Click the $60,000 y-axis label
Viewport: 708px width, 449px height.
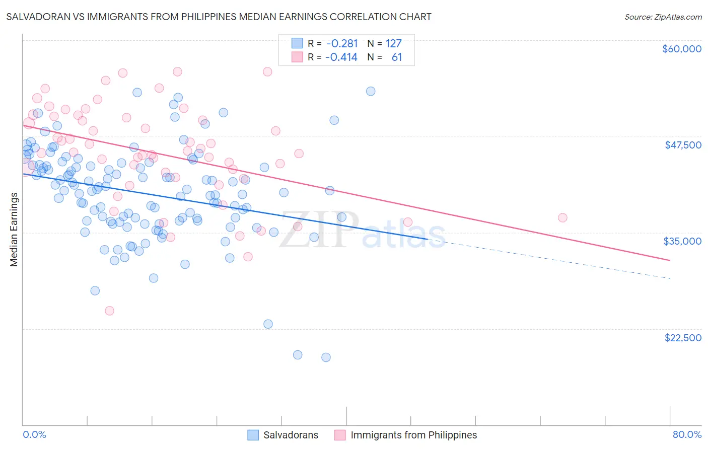682,49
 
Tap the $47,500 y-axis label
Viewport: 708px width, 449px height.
683,145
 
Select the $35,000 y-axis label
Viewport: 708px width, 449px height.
682,241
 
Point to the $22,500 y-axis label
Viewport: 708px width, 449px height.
683,338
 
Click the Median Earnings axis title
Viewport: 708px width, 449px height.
14,230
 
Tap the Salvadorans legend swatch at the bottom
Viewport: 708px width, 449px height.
253,435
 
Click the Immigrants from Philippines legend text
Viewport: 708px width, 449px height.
413,435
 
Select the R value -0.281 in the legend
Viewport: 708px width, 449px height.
341,44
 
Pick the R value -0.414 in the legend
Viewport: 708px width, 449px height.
341,57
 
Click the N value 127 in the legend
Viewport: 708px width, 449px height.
394,44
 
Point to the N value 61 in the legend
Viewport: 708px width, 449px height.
397,57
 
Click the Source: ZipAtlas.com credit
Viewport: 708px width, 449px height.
663,17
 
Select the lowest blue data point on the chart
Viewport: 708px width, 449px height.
326,357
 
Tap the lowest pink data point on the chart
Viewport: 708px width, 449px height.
109,311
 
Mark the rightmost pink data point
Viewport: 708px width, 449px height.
562,217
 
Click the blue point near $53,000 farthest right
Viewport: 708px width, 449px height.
371,91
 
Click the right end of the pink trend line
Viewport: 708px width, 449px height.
670,260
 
